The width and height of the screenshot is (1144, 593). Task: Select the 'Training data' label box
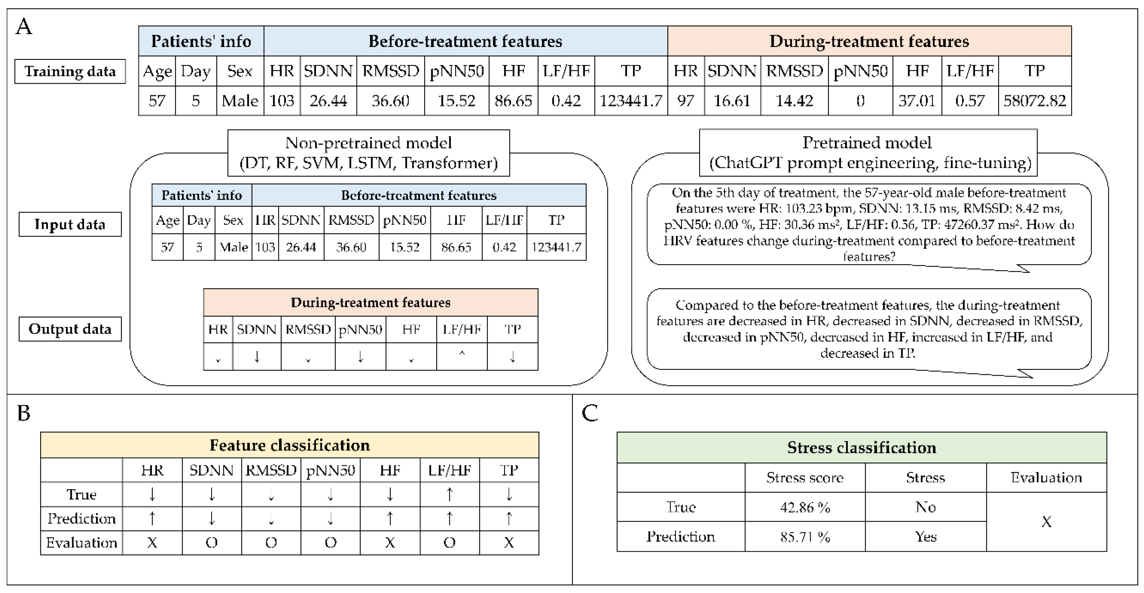pos(70,71)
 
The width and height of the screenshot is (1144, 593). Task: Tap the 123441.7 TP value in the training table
pos(631,101)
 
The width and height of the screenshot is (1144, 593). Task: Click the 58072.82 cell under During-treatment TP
pos(1034,101)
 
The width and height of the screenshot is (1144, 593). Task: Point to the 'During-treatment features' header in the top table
pos(869,41)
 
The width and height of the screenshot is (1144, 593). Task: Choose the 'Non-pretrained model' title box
pos(368,153)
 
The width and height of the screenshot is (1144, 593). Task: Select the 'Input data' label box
pos(70,224)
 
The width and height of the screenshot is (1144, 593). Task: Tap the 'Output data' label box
pos(70,329)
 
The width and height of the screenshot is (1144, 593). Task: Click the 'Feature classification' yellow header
pos(290,445)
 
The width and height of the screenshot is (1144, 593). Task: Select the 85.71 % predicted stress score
pos(805,537)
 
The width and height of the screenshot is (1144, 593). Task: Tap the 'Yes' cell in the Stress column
pos(926,537)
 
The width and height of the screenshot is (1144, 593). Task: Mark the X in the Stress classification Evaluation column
pos(1046,522)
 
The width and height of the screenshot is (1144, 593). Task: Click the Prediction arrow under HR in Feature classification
pos(152,518)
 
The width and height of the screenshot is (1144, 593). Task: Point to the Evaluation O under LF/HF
pos(449,542)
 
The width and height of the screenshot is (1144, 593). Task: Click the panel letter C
pos(590,413)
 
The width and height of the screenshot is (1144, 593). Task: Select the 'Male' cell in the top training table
pos(240,101)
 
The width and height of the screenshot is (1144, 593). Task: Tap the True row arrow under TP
pos(509,494)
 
